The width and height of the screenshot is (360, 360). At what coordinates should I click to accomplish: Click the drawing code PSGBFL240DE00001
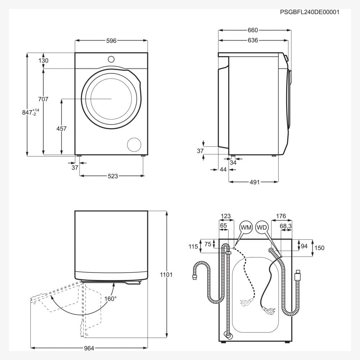click(x=310, y=12)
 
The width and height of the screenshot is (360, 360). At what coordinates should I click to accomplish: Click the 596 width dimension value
click(x=111, y=41)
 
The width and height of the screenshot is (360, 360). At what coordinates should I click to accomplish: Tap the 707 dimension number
click(x=43, y=99)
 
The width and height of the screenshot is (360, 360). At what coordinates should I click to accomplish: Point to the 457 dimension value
click(x=61, y=129)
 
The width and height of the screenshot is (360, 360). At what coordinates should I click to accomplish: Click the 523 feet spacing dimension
click(x=113, y=176)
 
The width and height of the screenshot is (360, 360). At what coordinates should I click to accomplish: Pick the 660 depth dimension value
click(x=253, y=31)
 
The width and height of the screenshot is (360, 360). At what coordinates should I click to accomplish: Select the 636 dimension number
click(x=253, y=40)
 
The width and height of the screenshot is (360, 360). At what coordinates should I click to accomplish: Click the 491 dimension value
click(x=255, y=182)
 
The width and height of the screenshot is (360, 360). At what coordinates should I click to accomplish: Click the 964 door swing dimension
click(x=89, y=348)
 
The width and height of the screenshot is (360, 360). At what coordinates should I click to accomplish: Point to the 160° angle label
click(x=111, y=298)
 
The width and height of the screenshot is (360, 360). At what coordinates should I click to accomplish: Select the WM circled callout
click(x=246, y=228)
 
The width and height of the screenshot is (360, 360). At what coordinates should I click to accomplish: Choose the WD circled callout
click(x=262, y=228)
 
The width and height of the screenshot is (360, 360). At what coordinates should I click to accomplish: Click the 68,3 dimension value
click(x=285, y=226)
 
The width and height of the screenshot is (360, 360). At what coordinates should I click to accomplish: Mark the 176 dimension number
click(x=281, y=216)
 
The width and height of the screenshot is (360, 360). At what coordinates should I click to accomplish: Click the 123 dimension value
click(x=225, y=216)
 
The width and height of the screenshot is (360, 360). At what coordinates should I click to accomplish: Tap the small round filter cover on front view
click(x=134, y=144)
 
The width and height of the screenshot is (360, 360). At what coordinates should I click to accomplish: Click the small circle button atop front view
click(x=111, y=59)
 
